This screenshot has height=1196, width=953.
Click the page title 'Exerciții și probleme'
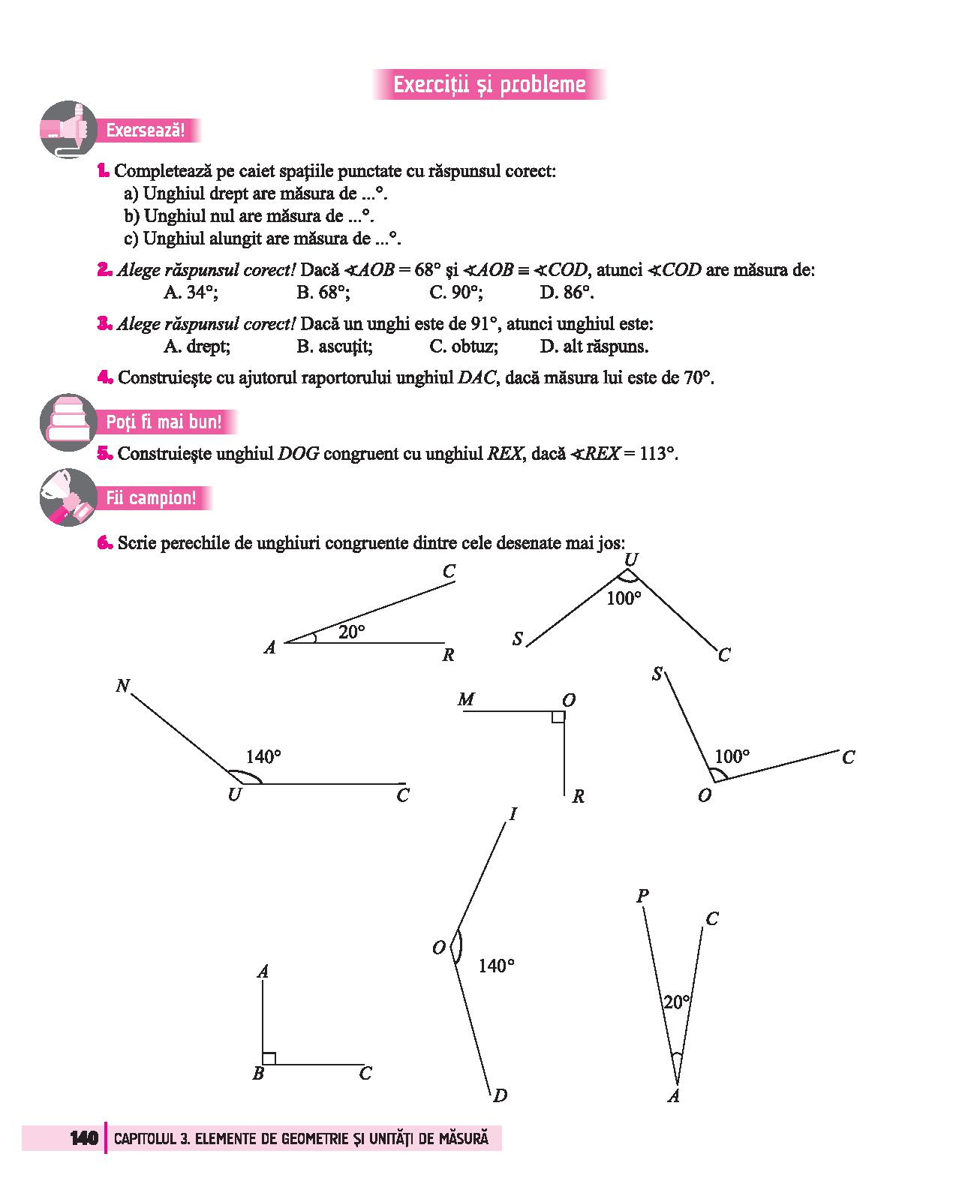coord(489,84)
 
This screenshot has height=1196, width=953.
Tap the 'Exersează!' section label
coord(145,131)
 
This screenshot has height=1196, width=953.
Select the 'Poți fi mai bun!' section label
coord(164,422)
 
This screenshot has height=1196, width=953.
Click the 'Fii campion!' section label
coord(151,498)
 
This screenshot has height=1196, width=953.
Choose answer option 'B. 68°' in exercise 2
coord(323,292)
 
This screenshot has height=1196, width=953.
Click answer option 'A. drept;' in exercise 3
coord(197,346)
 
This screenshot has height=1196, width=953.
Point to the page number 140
coord(84,1138)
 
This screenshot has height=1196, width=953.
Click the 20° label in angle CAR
coord(351,632)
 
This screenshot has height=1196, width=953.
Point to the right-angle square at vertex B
coord(269,1058)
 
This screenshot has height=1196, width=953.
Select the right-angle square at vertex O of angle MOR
coord(558,717)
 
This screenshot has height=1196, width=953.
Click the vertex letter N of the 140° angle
coord(123,685)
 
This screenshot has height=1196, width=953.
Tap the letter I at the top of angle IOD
coord(513,814)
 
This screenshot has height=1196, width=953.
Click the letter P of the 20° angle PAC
coord(642,895)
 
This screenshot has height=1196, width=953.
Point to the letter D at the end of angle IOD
coord(500,1095)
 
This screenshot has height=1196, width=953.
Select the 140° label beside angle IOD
coord(497,966)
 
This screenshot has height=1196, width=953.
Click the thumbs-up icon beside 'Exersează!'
coord(68,129)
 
